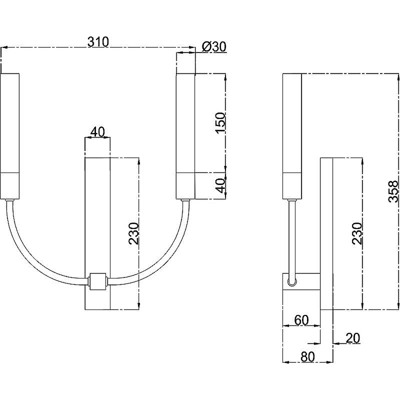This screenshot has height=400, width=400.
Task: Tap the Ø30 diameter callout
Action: tap(214, 46)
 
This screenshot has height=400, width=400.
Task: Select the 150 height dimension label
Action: tap(220, 123)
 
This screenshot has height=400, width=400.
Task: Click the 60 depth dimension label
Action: tap(301, 320)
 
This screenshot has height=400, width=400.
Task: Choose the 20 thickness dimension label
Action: tap(352, 338)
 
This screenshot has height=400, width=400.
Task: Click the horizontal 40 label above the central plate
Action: tap(97, 131)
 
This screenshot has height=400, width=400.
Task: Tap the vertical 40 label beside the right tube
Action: tap(220, 186)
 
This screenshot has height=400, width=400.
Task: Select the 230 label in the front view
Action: tap(133, 233)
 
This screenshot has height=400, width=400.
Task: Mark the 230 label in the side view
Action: tap(356, 233)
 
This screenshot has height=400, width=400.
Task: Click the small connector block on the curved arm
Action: tap(97, 281)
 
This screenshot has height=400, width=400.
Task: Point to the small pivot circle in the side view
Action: tap(292, 282)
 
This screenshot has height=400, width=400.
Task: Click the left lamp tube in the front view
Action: tap(10, 135)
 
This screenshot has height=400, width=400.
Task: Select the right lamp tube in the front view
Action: tap(185, 135)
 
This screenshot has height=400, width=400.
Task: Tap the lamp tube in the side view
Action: tap(292, 135)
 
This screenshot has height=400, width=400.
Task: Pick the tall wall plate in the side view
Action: tap(326, 250)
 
